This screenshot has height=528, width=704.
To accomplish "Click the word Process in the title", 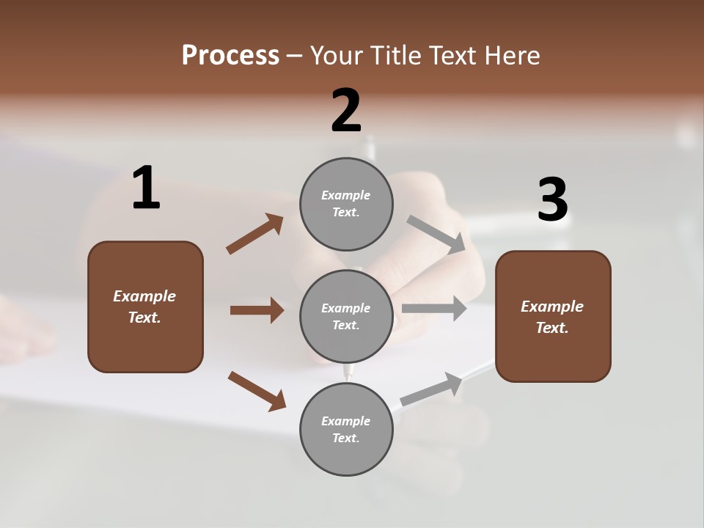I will pos(230,56).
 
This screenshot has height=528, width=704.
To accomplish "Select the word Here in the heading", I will pos(511,56).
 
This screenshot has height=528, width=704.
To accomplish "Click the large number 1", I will pos(146,188).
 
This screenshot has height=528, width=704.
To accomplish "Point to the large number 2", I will pos(346,110).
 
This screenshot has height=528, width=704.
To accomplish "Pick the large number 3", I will pos(552,200).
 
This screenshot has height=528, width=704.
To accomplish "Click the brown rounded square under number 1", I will pos(145,307).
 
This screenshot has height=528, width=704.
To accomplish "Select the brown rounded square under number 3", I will pos(553,316).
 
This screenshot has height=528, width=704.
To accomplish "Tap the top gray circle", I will pos(346,204).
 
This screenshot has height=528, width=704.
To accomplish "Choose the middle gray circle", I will pos(346,316).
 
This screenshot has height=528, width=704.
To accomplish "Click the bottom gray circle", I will pos(346,429).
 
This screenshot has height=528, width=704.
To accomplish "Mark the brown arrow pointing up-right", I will pos(254,234).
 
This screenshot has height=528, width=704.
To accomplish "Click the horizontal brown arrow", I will pos(256,310).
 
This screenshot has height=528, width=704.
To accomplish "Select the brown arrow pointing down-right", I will pos(257,390).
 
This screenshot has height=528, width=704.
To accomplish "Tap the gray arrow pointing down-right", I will pos(436,234).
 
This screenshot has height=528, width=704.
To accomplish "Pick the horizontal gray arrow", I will pos(434,308).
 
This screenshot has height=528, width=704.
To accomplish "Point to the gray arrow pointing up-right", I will pos(431,389).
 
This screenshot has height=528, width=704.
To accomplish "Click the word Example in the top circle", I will pos(346,195).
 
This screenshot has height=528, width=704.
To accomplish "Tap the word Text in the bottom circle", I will pos(346,438).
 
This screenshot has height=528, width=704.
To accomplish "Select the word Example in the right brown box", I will pos(552,307).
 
